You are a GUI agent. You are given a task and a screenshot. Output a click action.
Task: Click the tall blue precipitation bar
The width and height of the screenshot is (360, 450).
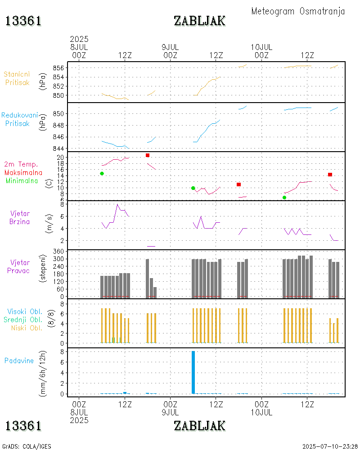[x=193, y=372]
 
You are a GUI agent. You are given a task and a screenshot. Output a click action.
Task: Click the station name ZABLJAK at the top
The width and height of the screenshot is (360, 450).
[x=200, y=21]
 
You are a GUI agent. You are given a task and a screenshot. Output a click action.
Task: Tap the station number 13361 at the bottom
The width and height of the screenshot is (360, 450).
[x=23, y=425]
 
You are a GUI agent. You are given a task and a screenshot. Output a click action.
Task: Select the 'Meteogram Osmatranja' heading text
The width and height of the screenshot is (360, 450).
[x=298, y=11]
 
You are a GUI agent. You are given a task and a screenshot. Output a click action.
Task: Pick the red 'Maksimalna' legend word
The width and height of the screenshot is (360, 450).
[x=23, y=172]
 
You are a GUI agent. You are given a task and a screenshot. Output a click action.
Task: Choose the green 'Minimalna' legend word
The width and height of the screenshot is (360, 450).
[x=22, y=180]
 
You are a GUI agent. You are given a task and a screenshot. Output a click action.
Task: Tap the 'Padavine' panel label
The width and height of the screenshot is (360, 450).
[x=19, y=360]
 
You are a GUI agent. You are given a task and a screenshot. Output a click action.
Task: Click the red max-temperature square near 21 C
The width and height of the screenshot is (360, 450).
[x=148, y=155]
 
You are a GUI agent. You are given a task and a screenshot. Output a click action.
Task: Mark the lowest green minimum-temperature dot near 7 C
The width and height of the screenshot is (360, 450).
[x=284, y=198]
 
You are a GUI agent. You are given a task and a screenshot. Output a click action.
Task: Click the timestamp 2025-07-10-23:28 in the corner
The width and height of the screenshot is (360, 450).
[x=330, y=446]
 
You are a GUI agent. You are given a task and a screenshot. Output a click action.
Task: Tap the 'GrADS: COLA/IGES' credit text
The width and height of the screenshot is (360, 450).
[x=27, y=446]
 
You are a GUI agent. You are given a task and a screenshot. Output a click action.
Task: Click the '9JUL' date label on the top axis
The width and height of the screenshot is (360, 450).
[x=170, y=47]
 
